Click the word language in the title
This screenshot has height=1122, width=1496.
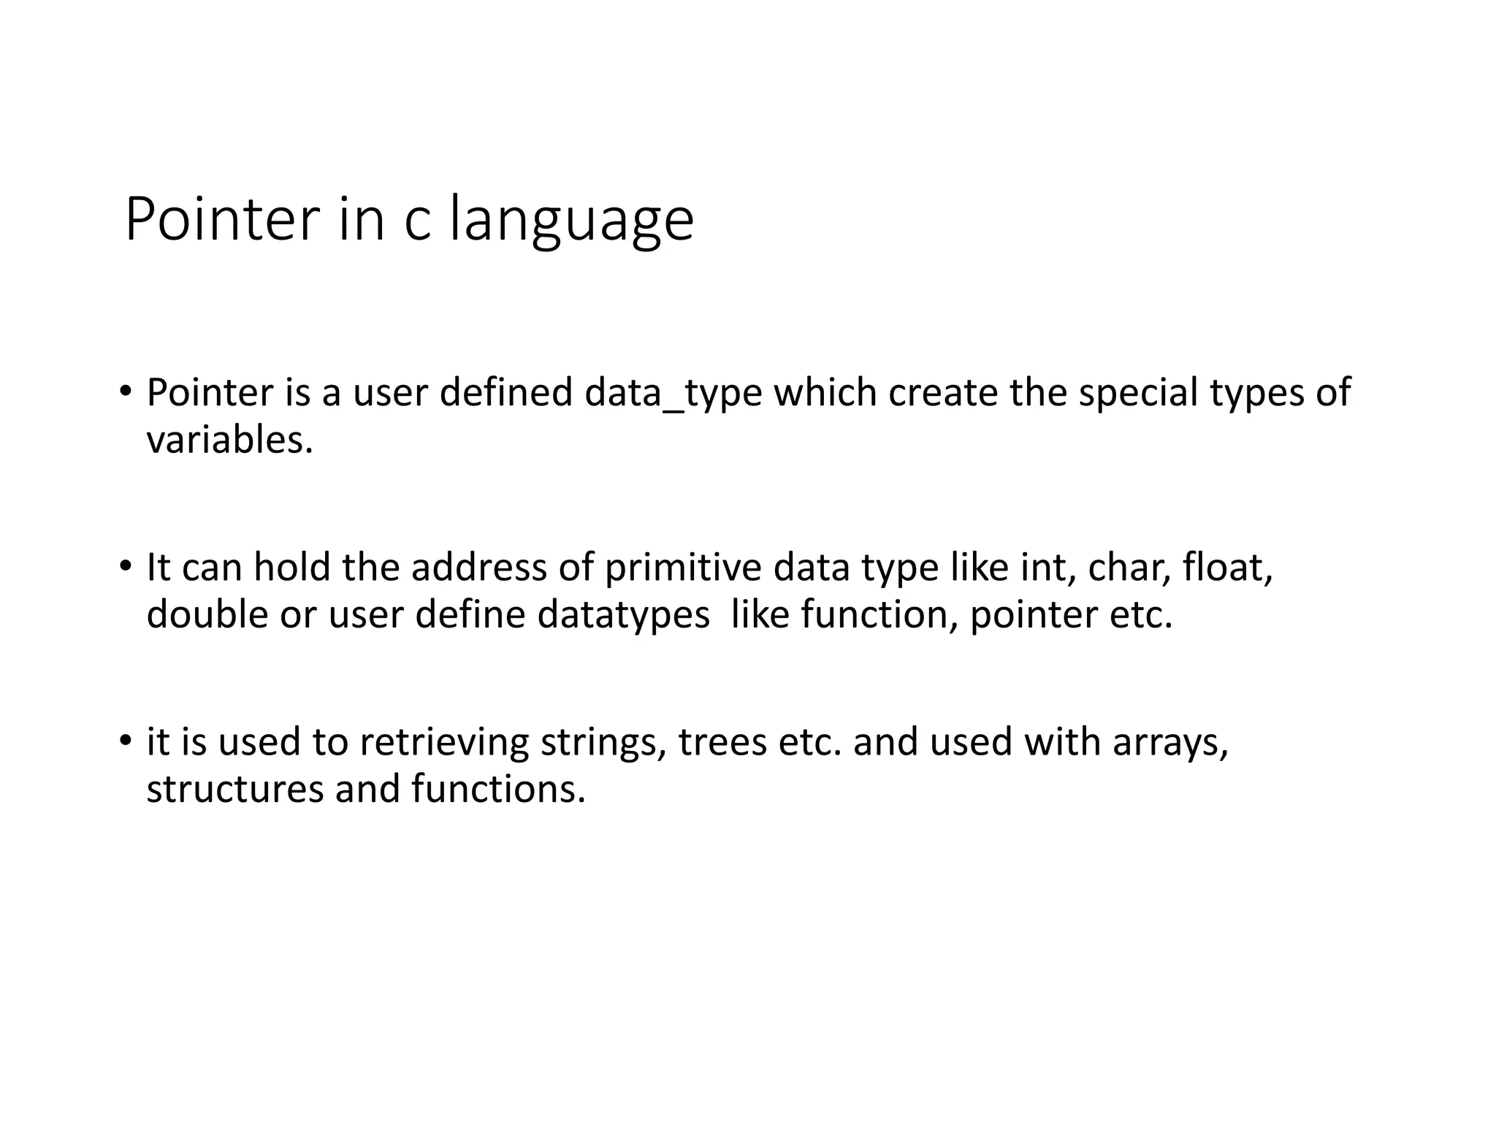coord(570,220)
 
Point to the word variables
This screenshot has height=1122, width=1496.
coord(229,440)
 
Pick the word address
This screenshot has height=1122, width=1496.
coord(478,568)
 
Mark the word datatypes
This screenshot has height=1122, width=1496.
coord(623,614)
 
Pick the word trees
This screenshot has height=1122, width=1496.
coord(722,742)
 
